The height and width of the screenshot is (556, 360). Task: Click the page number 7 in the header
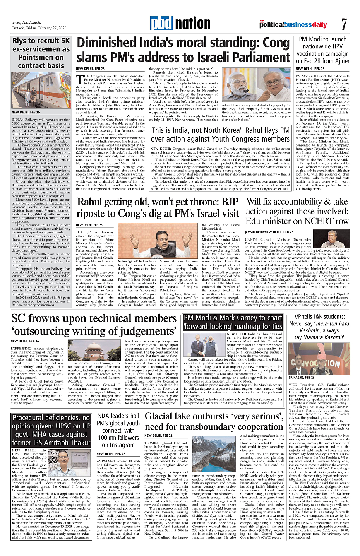tap(344, 24)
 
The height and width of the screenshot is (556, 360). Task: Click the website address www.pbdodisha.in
tap(29, 22)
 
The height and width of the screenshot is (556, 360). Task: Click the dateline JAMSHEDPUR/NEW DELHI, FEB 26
tap(269, 233)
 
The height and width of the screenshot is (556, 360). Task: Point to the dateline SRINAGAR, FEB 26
tap(303, 378)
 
